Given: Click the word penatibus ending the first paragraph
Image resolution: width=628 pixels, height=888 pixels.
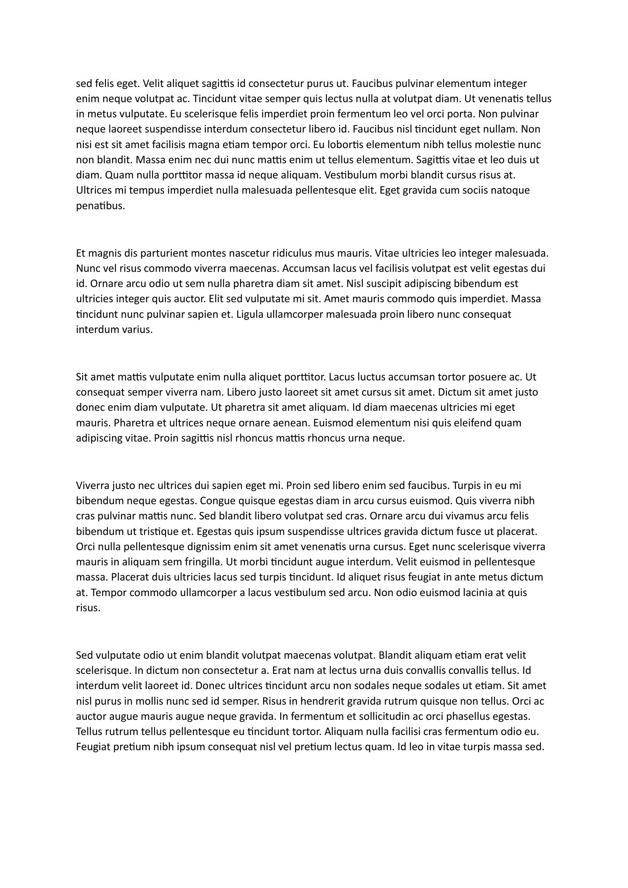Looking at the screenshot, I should (100, 206).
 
